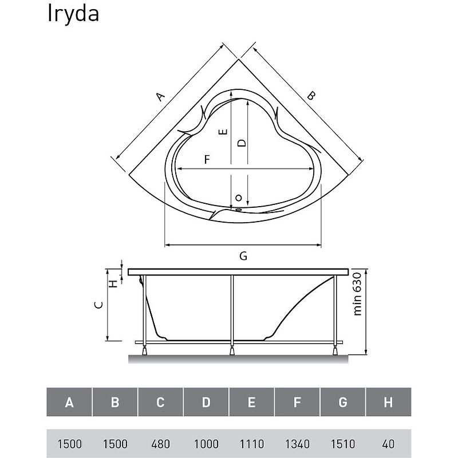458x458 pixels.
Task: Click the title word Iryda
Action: tap(73, 14)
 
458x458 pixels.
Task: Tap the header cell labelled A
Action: tap(69, 402)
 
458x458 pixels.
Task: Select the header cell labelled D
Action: tap(206, 402)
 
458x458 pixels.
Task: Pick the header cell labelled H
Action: tap(388, 402)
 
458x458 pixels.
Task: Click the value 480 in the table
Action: tap(160, 444)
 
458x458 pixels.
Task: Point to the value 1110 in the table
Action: tap(251, 444)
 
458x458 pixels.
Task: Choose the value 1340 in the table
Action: tap(297, 444)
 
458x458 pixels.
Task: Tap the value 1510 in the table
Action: tap(342, 444)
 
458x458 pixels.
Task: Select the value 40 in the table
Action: tap(388, 444)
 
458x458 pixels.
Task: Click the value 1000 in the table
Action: tap(206, 444)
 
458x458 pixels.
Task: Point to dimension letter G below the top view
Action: tap(243, 256)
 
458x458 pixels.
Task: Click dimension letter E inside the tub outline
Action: tap(224, 131)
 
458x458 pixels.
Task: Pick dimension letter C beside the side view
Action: tap(98, 305)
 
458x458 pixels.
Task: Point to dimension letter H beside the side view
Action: tap(114, 283)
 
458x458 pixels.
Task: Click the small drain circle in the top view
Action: tap(239, 198)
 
